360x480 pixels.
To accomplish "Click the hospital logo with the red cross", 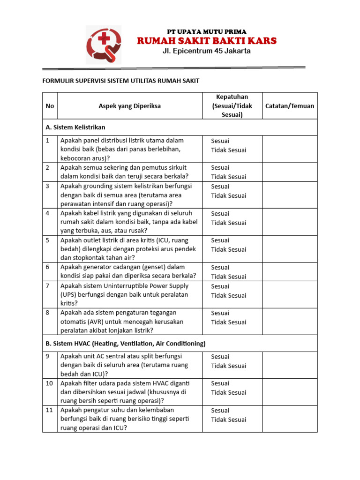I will coord(103,45).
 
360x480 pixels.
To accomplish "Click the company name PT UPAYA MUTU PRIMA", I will coord(207,31).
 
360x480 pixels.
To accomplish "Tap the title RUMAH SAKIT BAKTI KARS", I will coord(207,41).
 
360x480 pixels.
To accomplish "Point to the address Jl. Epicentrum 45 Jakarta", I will coord(207,51).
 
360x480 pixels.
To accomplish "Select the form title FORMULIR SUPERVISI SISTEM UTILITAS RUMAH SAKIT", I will coord(121,81).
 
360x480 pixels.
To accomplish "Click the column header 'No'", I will coord(50,106).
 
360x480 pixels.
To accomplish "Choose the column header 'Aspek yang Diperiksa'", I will coord(129,106).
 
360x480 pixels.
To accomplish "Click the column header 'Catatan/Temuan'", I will coord(290,106).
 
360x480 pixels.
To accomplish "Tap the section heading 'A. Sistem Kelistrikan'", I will coord(75,127).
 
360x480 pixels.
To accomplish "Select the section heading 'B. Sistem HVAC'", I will coord(126,343).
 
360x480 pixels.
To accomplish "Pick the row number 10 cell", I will coord(50,383).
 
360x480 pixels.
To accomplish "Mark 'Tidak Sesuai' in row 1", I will coord(228,150).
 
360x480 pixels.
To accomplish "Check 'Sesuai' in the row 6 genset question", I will coord(220,267).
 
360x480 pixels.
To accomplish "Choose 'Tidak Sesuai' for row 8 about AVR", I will coord(228,322).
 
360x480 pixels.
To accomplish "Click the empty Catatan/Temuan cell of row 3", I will coord(290,195).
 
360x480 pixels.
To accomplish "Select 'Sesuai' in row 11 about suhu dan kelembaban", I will coord(220,410).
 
